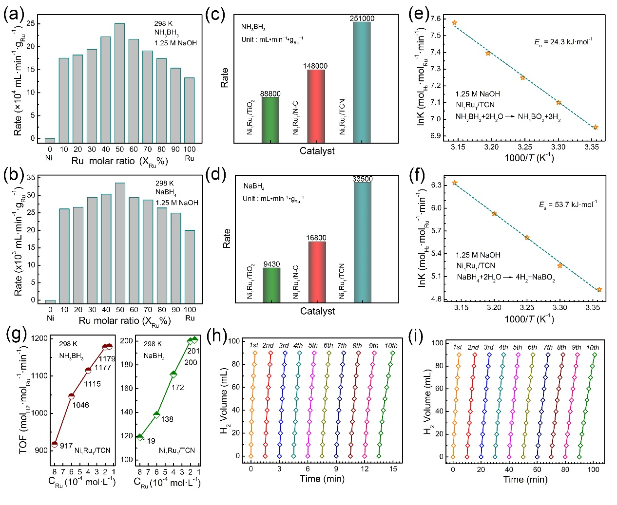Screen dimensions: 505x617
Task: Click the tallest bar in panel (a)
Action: click(x=119, y=82)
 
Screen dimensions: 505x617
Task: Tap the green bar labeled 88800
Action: click(x=270, y=120)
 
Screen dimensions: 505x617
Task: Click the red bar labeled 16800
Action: click(x=317, y=272)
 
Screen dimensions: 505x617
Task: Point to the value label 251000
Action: click(x=362, y=19)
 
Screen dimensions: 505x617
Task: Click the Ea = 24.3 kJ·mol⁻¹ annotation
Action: click(x=563, y=42)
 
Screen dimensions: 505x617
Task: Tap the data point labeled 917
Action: click(x=55, y=444)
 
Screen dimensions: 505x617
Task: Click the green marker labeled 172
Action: click(x=173, y=374)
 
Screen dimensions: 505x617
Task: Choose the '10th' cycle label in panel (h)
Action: click(x=391, y=346)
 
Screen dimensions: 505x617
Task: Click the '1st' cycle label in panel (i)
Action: click(x=457, y=347)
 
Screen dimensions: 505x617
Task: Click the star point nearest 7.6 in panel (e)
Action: click(x=454, y=23)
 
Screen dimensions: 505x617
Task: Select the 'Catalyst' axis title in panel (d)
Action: click(x=317, y=311)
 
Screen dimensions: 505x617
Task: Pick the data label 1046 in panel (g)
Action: click(x=81, y=405)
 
